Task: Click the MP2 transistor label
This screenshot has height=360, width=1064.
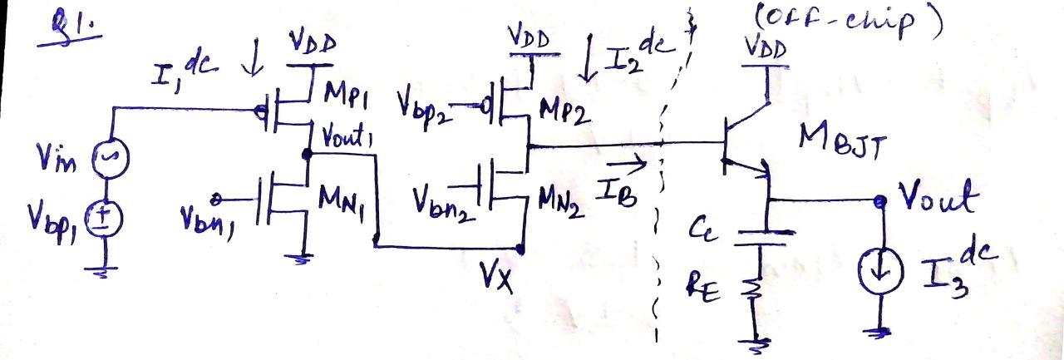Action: click(x=564, y=109)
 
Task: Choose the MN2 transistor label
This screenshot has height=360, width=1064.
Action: click(x=564, y=202)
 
